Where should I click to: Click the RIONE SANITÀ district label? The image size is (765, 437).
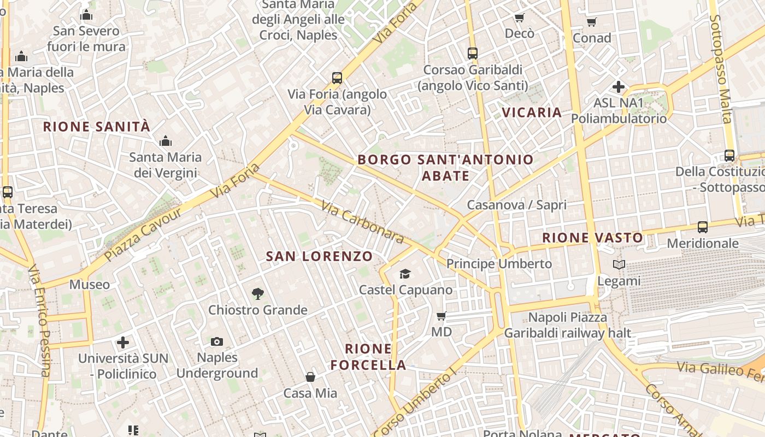click(x=96, y=127)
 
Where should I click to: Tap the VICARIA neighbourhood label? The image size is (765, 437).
click(x=532, y=113)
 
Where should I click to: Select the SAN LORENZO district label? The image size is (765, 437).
click(x=319, y=256)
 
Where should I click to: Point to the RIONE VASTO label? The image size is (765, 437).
click(x=593, y=238)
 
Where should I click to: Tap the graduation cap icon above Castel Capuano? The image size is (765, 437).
click(x=405, y=274)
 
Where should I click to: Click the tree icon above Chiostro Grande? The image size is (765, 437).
click(x=258, y=294)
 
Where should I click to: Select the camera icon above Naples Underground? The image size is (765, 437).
click(x=217, y=342)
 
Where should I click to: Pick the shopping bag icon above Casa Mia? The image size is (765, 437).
click(x=310, y=377)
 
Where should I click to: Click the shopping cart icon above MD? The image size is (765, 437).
click(x=442, y=316)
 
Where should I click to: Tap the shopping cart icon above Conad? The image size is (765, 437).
click(x=591, y=22)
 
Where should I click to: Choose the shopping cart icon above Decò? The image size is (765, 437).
click(x=519, y=17)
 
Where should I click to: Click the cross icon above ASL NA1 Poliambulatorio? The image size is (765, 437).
click(x=619, y=86)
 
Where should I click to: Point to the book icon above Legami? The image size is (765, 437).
click(x=619, y=265)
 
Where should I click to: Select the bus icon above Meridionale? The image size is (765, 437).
click(x=703, y=227)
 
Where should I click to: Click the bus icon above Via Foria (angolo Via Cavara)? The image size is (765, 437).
click(x=337, y=78)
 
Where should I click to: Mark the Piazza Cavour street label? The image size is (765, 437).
click(x=143, y=234)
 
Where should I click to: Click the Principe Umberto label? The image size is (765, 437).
click(x=499, y=264)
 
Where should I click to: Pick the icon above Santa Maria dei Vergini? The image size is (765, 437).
click(x=166, y=141)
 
